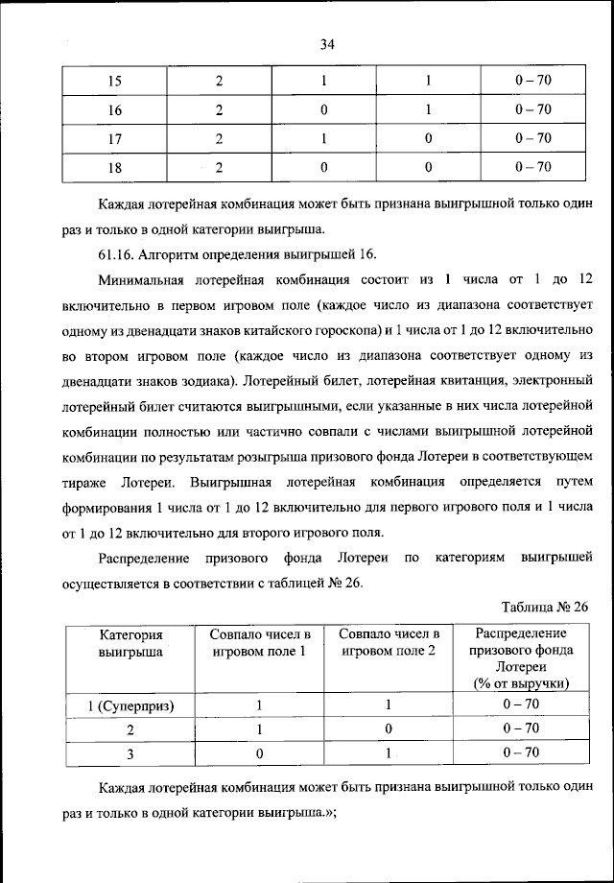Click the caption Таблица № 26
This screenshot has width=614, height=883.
click(544, 607)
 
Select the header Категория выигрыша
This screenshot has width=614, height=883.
click(130, 642)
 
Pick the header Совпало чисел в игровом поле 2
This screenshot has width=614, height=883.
click(390, 642)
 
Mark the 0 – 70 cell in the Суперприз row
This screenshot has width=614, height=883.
click(521, 705)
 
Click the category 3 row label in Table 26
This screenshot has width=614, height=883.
click(130, 754)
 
